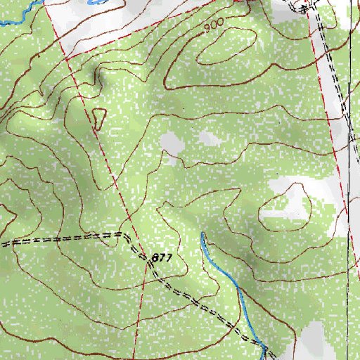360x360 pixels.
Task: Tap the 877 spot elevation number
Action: point(160,259)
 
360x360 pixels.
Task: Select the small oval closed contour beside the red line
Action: point(98,119)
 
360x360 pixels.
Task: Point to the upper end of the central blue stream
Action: point(202,234)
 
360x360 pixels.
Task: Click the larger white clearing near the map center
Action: point(172,144)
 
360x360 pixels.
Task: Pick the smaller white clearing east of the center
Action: point(209,139)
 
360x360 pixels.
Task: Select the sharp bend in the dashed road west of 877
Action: point(125,235)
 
